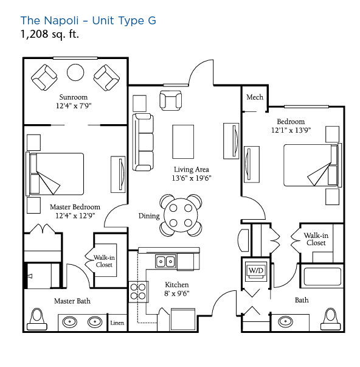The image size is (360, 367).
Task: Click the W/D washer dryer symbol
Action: (256, 271)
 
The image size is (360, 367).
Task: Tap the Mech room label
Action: (255, 97)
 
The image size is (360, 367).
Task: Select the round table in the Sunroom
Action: (75, 72)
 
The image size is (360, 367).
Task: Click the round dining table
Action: (181, 215)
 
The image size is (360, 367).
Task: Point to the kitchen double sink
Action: (166, 261)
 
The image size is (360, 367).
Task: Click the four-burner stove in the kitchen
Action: (138, 292)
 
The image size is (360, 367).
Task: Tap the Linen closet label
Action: (117, 323)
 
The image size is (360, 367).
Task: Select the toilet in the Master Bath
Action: (37, 319)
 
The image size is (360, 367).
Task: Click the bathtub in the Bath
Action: (322, 276)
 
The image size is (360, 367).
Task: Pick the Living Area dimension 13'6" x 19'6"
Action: (192, 178)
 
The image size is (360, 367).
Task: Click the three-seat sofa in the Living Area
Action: (143, 142)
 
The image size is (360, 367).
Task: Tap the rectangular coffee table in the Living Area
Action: (183, 142)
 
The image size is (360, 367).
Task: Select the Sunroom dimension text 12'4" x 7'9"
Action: (74, 106)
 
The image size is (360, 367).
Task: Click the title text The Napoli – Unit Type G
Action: (88, 20)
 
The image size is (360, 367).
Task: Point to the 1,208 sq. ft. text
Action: (50, 34)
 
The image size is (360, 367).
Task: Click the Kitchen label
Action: (177, 285)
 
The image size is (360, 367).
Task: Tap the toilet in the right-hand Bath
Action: (331, 319)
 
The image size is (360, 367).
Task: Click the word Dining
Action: (149, 216)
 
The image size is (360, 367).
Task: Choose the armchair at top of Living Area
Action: (170, 100)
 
